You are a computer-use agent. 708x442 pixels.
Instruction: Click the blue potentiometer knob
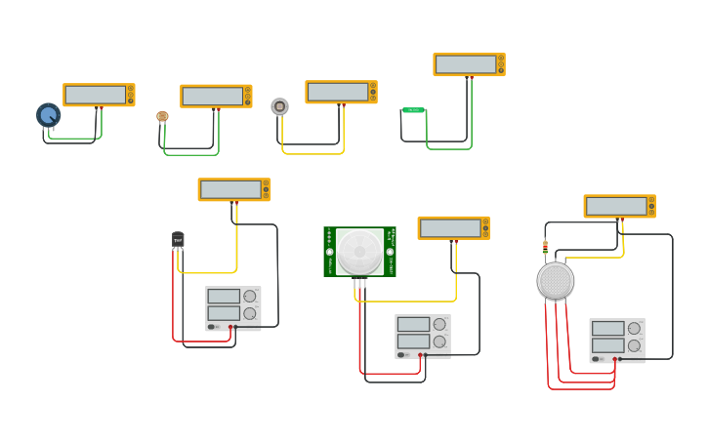click(x=48, y=115)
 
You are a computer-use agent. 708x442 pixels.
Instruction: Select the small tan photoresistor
click(x=162, y=116)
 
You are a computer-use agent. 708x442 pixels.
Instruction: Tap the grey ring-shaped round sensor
click(x=279, y=106)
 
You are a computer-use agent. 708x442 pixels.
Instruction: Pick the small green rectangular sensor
click(x=413, y=110)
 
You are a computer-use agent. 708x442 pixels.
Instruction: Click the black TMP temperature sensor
click(x=178, y=239)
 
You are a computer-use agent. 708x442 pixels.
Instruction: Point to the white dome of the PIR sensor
click(x=359, y=251)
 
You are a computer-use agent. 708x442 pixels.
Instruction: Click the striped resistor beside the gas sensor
click(x=545, y=247)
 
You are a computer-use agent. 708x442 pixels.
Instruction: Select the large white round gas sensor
click(x=555, y=281)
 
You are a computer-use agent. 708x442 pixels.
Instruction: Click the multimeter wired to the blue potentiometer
click(x=99, y=95)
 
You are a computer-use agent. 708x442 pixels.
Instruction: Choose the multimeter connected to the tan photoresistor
click(x=216, y=96)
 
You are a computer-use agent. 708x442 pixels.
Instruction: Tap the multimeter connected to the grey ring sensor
click(x=341, y=92)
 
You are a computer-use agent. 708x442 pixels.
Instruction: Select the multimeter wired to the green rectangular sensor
click(x=469, y=64)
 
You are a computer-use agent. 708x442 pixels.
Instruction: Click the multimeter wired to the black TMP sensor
click(x=233, y=189)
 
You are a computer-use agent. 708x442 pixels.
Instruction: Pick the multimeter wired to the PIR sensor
click(x=453, y=227)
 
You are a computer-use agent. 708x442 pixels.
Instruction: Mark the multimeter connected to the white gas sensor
click(x=619, y=206)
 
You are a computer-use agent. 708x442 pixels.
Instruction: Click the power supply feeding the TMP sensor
click(x=232, y=307)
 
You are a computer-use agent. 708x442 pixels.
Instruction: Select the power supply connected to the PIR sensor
click(x=422, y=335)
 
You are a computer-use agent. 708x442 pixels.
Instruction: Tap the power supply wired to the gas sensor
click(x=616, y=340)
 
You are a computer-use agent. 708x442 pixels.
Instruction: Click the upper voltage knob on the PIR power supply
click(x=439, y=324)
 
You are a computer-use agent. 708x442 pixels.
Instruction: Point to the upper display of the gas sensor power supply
click(x=607, y=329)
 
